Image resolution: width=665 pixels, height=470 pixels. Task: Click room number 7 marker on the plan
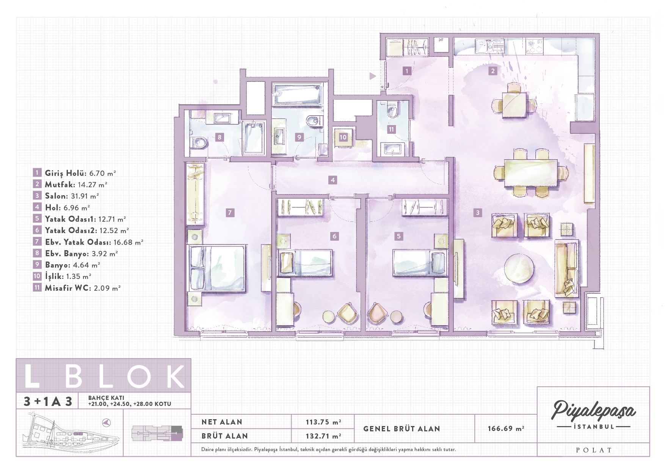[x=230, y=213]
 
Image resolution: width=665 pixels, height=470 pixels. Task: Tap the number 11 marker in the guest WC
[x=391, y=129]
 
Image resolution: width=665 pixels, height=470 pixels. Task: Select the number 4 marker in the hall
[x=333, y=180]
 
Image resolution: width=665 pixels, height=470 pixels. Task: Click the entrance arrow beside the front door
[x=373, y=76]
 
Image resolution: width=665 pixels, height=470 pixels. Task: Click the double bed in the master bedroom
[x=217, y=268]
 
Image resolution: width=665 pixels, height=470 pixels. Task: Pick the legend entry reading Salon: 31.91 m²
[x=72, y=196]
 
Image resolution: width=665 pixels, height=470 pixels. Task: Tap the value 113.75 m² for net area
[x=323, y=422]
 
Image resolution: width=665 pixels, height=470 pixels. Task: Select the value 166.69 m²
[x=506, y=428]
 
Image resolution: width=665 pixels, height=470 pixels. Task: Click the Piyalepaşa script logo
[x=593, y=410]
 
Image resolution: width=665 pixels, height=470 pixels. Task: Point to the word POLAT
[x=594, y=450]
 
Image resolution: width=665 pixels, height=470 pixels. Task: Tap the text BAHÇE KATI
[x=106, y=398]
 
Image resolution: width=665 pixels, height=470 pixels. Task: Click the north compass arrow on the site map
[x=107, y=422]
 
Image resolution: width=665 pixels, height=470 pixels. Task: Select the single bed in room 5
[x=420, y=262]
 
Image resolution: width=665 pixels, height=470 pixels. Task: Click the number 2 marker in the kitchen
[x=493, y=71]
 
